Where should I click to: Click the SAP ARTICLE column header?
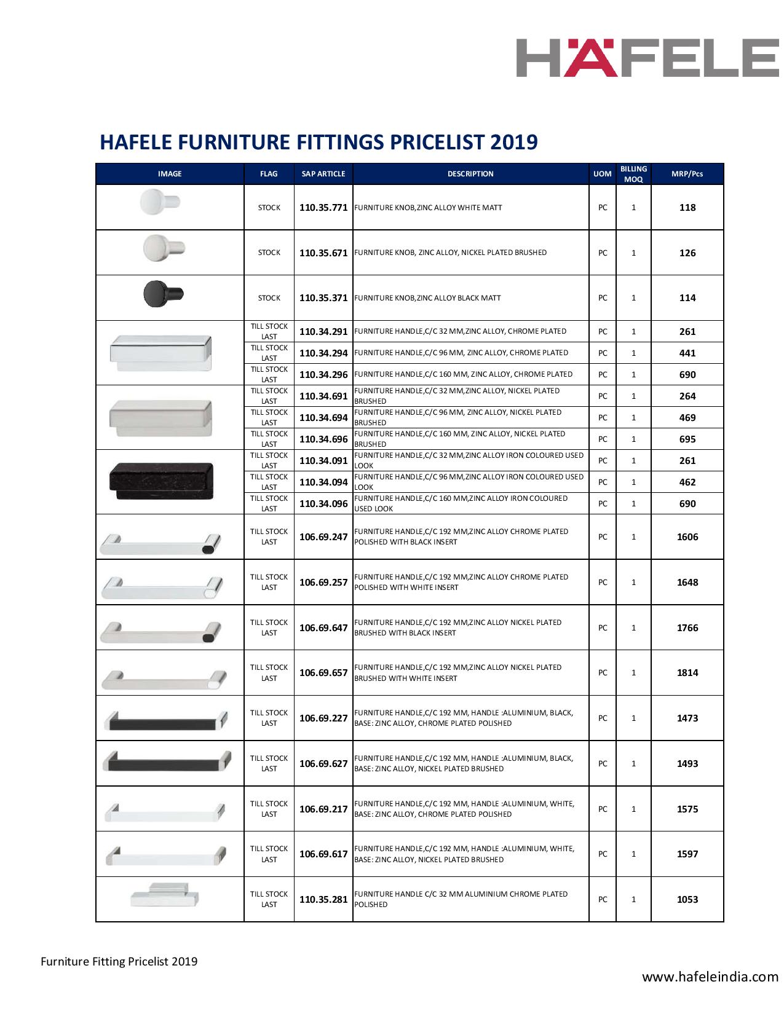pyautogui.click(x=323, y=174)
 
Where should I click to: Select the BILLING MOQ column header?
pyautogui.click(x=633, y=174)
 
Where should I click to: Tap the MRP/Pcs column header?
pyautogui.click(x=687, y=174)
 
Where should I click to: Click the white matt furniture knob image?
pyautogui.click(x=159, y=202)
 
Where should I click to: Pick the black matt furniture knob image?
pyautogui.click(x=162, y=293)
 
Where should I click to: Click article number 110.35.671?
pyautogui.click(x=323, y=253)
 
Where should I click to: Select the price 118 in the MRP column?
pyautogui.click(x=687, y=208)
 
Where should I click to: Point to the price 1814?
pyautogui.click(x=687, y=673)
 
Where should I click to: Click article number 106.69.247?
pyautogui.click(x=323, y=536)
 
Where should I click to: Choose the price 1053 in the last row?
pyautogui.click(x=687, y=900)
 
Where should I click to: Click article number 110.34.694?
pyautogui.click(x=323, y=418)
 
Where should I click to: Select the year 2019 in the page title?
pyautogui.click(x=514, y=142)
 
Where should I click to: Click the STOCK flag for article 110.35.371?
pyautogui.click(x=269, y=298)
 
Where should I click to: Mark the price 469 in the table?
pyautogui.click(x=687, y=418)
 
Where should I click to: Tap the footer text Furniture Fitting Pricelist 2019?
pyautogui.click(x=119, y=961)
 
